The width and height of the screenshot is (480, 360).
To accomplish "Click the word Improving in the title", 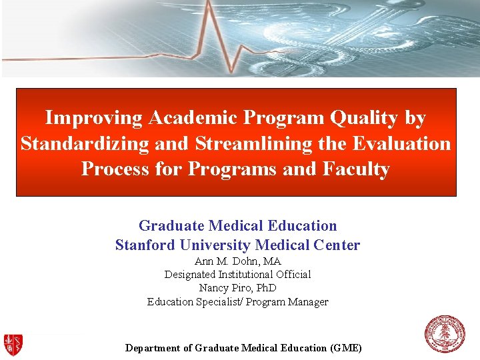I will coord(93,119).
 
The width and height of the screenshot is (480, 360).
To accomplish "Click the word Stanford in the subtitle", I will coord(148,245).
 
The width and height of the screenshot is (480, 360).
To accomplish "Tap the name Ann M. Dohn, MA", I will coord(237,261).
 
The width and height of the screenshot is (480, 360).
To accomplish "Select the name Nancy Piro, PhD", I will coord(237,288).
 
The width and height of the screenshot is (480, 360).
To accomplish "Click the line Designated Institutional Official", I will coord(237,274).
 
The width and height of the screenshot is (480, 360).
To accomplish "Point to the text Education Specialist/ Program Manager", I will coord(237,301).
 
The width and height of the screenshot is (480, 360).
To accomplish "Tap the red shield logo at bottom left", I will coord(13,344).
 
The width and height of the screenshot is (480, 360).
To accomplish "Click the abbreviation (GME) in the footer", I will coord(346,348).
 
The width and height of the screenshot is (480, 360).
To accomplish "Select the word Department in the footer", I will coord(153,348).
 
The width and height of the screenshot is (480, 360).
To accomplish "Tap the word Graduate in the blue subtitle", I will coord(170,226).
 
